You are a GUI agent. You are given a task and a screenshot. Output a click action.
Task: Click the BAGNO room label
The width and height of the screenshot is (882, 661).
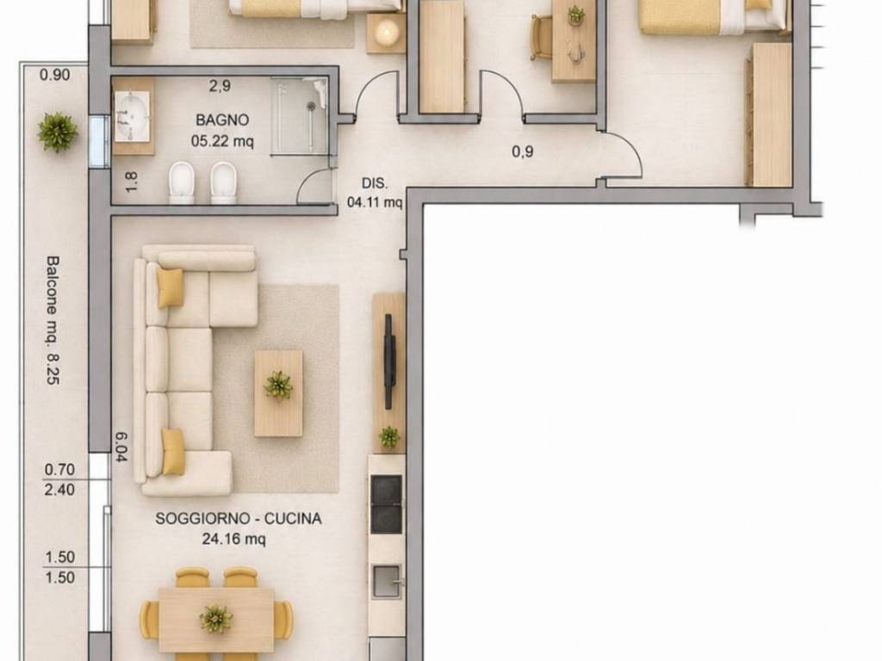(222, 120)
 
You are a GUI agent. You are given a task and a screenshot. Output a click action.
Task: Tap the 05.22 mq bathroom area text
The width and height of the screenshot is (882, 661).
(222, 140)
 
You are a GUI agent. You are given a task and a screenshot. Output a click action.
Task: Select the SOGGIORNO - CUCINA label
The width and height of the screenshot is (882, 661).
(239, 518)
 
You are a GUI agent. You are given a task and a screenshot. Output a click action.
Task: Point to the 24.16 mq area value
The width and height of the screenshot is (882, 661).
(233, 539)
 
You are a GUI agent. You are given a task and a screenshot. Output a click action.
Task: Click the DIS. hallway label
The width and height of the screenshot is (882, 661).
(374, 183)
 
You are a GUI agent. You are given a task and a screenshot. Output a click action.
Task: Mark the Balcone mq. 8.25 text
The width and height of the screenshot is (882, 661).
(53, 320)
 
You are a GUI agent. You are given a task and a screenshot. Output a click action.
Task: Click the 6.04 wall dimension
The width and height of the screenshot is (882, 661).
(121, 447)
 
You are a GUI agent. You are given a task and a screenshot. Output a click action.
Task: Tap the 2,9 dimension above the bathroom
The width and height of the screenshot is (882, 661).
(220, 86)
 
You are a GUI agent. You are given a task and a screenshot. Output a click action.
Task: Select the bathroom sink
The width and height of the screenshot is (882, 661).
(132, 116)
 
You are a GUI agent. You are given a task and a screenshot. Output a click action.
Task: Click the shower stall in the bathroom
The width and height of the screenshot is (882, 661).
(299, 116)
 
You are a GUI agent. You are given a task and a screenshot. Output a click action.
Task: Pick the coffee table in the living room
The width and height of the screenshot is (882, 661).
(278, 393)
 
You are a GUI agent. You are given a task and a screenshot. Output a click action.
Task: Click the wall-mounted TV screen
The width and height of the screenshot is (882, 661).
(388, 361)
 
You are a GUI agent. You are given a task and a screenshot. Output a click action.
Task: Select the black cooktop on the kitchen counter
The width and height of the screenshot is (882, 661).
(387, 504)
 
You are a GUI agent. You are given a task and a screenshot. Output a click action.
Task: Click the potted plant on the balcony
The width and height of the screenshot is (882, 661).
(57, 132)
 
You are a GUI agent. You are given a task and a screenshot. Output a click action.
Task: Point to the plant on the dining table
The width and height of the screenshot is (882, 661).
(215, 619)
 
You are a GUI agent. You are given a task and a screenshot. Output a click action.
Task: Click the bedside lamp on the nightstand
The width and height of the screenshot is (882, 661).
(387, 32)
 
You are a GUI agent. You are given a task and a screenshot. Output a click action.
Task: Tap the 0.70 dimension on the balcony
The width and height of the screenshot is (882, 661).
(59, 469)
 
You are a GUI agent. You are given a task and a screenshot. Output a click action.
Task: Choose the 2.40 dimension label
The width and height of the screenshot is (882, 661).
(59, 490)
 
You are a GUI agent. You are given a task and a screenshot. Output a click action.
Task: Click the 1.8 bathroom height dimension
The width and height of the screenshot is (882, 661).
(131, 182)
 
